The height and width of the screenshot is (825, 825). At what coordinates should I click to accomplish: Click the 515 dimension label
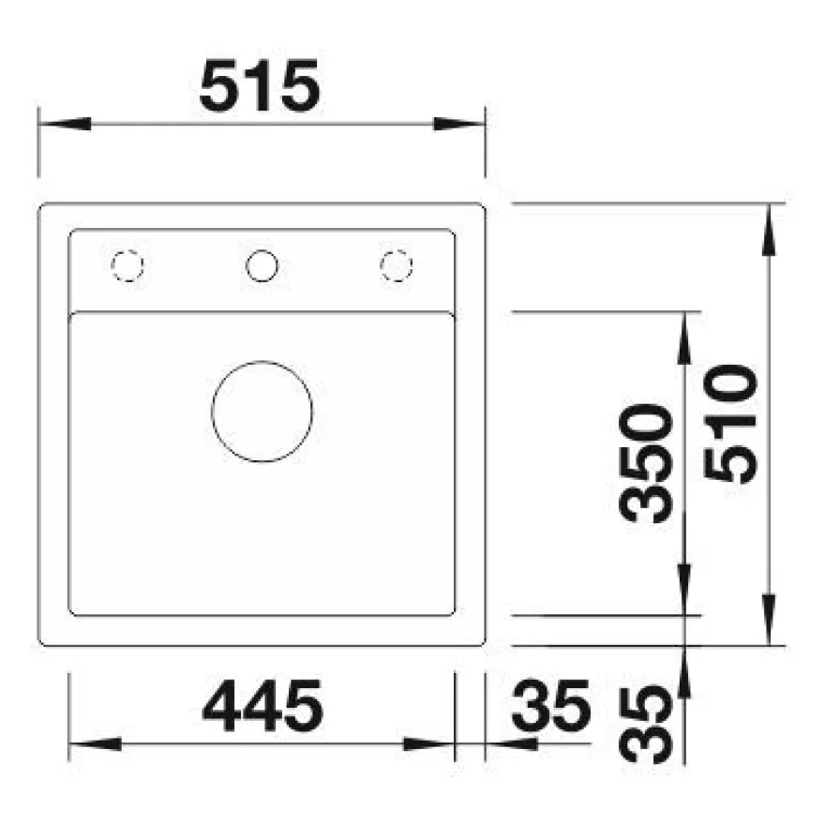coord(260,85)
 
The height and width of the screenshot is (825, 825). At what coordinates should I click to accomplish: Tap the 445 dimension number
coord(262,706)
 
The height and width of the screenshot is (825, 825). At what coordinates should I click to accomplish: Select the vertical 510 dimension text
coord(730,424)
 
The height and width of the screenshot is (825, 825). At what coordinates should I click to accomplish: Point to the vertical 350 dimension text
coord(646,463)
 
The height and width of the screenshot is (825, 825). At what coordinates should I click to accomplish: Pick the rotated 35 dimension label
coord(646,725)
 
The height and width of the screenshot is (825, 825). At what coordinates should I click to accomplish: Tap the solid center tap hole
coord(262,265)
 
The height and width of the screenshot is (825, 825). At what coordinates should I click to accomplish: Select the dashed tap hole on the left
coord(127,265)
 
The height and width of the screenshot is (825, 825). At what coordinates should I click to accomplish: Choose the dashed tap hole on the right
coord(397,265)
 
